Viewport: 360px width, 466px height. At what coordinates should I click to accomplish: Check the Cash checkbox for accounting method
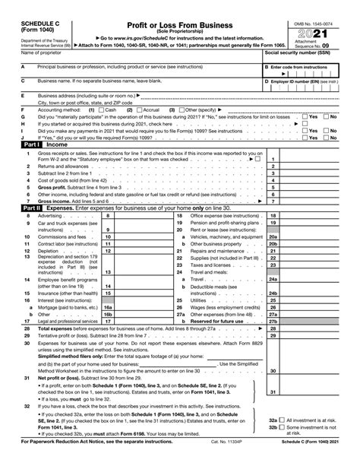pyautogui.click(x=102, y=110)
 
